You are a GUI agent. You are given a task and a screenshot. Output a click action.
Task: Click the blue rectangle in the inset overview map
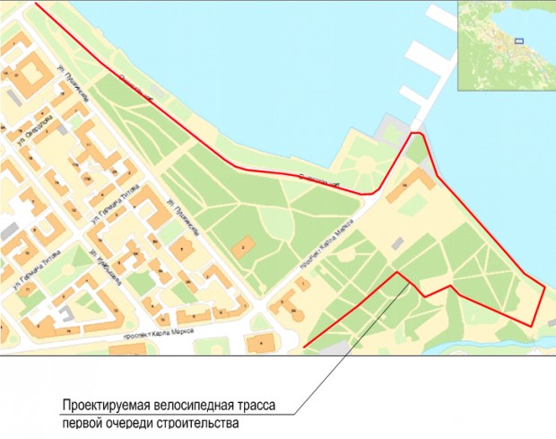[x=517, y=40]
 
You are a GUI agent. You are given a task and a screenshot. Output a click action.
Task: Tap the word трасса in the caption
[x=270, y=404]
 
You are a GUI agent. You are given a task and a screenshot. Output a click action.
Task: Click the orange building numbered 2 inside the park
[x=242, y=245]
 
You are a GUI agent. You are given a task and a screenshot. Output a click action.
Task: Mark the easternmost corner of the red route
[x=545, y=285]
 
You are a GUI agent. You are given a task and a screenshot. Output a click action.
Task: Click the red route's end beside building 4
[x=305, y=347]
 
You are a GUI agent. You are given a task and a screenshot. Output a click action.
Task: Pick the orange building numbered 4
[x=260, y=342]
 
